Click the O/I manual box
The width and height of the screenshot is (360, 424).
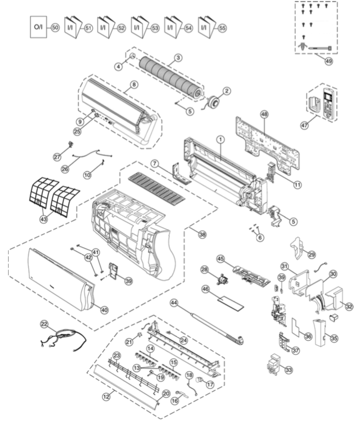(38, 28)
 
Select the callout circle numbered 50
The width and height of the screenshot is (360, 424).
(55, 28)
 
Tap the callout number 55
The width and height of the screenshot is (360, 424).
(222, 28)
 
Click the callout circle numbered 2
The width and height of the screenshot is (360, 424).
(227, 90)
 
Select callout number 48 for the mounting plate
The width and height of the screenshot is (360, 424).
(265, 114)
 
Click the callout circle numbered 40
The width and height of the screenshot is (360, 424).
(104, 309)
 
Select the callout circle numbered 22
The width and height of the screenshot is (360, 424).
(44, 323)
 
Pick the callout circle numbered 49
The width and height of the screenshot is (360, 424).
(328, 60)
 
